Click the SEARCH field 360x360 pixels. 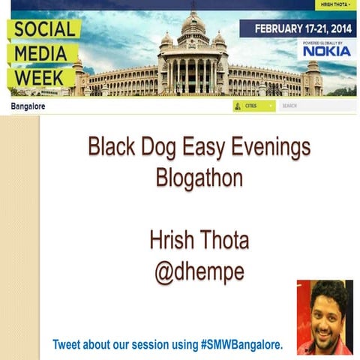315,106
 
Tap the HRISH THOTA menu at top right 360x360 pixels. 335,4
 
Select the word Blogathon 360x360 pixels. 199,178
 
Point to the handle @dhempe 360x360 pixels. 199,271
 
